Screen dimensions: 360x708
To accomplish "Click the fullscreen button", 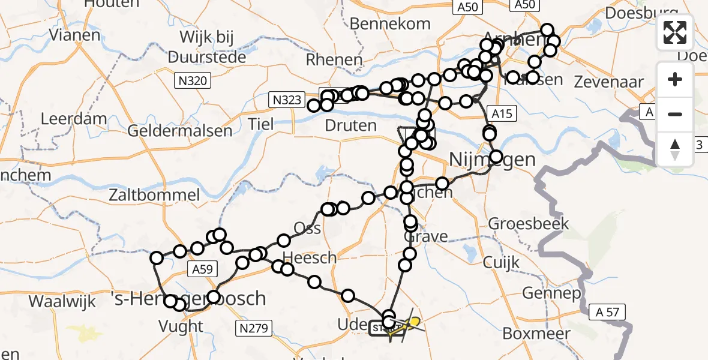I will pos(675,32).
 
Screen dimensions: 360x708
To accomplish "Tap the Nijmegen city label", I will pos(492,160).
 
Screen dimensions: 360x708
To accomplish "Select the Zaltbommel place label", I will pos(154,194).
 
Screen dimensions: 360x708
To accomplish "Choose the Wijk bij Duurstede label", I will pos(207,47).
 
